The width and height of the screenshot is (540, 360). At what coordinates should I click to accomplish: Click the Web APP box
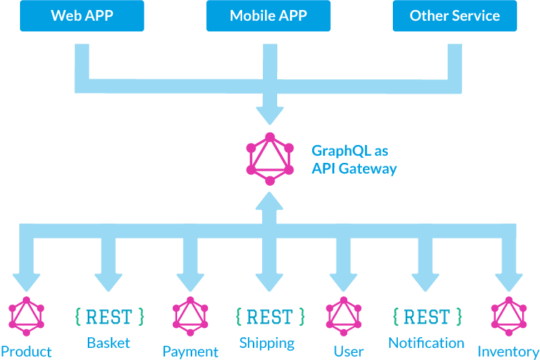tap(81, 16)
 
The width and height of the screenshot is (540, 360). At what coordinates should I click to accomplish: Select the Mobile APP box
tap(268, 16)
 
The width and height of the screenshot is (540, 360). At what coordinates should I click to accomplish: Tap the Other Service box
tap(454, 16)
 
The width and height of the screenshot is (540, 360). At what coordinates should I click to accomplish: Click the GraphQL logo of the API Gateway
tap(269, 159)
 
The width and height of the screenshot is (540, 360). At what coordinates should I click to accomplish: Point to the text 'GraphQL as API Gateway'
tap(354, 160)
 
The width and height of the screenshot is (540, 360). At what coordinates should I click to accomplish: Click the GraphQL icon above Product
tap(26, 316)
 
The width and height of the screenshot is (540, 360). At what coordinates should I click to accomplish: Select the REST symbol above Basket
tap(109, 316)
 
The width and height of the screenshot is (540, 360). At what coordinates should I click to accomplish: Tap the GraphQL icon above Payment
tap(190, 316)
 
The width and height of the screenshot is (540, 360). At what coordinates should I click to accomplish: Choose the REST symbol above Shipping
tap(270, 316)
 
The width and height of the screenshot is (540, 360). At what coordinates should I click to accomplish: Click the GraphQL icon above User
tap(344, 316)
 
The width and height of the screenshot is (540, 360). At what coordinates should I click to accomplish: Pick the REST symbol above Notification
tap(426, 316)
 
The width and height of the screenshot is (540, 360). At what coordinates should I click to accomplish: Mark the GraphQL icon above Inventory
tap(508, 316)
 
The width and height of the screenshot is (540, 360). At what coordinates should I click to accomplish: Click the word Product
tap(26, 351)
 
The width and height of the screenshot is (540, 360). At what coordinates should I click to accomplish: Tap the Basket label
tap(109, 343)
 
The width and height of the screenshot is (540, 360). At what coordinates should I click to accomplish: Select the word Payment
tap(190, 351)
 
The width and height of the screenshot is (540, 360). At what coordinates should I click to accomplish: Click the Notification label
tap(426, 343)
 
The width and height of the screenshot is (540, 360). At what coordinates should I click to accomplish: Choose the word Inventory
tap(508, 351)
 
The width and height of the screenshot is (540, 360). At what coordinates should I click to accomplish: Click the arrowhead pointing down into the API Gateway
tap(269, 114)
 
